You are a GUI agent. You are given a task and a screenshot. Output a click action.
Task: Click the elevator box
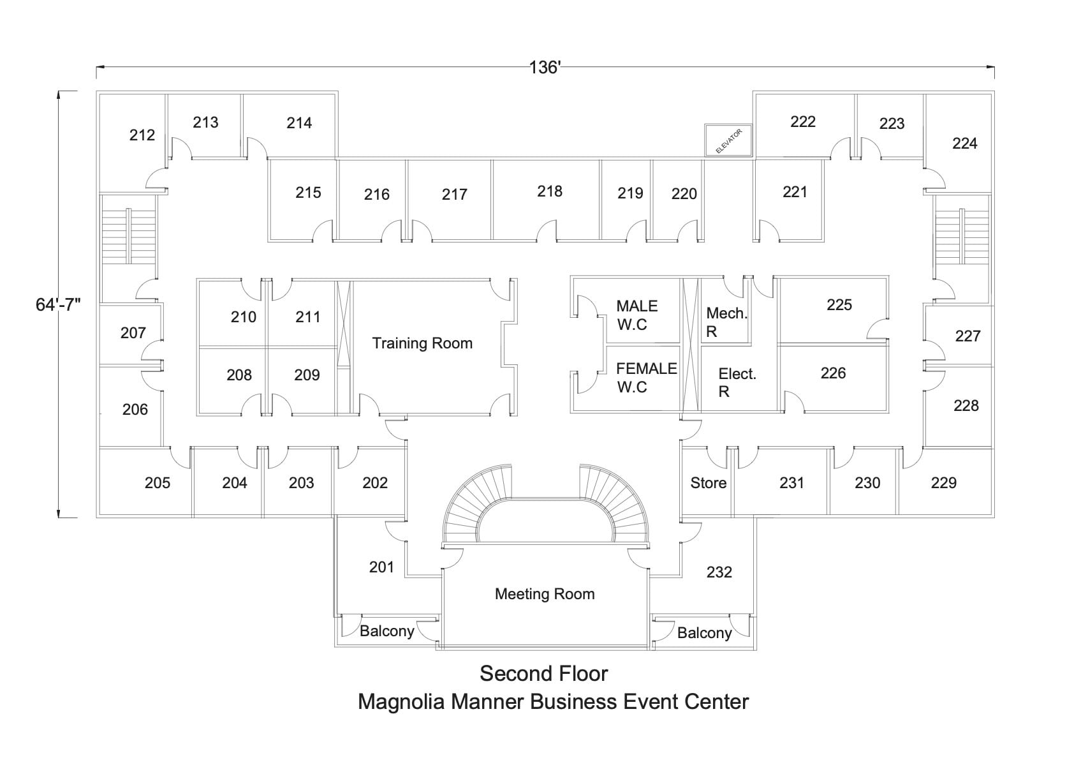point(728,140)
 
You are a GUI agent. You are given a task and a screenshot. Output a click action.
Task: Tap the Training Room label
point(422,343)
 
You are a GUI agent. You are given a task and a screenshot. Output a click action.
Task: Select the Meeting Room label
point(545,594)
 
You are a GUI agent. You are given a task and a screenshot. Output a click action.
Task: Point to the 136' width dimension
point(544,67)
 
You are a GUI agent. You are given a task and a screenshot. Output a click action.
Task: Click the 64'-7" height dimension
point(58,304)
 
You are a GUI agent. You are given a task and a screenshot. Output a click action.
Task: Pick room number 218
point(550,191)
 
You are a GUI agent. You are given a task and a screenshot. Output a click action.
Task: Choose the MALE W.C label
point(636,315)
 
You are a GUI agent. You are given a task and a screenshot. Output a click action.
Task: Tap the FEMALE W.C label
point(645,378)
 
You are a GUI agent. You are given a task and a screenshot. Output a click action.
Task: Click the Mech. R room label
point(726,322)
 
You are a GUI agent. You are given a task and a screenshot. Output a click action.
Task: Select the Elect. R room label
point(737,383)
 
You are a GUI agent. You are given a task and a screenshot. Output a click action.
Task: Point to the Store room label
point(708,483)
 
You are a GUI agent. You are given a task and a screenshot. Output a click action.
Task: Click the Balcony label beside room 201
point(386,631)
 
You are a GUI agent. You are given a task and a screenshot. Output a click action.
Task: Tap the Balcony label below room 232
point(704,633)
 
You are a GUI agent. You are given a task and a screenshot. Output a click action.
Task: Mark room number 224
point(964,144)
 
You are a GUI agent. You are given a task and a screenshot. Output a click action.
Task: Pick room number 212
point(142,135)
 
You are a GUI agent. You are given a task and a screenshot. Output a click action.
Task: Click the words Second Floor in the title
point(543,673)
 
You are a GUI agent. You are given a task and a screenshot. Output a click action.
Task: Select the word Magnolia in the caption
point(401,701)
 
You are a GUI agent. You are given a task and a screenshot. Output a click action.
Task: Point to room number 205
point(158,482)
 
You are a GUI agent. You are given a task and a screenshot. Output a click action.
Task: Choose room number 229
point(943,482)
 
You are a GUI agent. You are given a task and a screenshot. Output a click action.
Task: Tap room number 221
point(795,191)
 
